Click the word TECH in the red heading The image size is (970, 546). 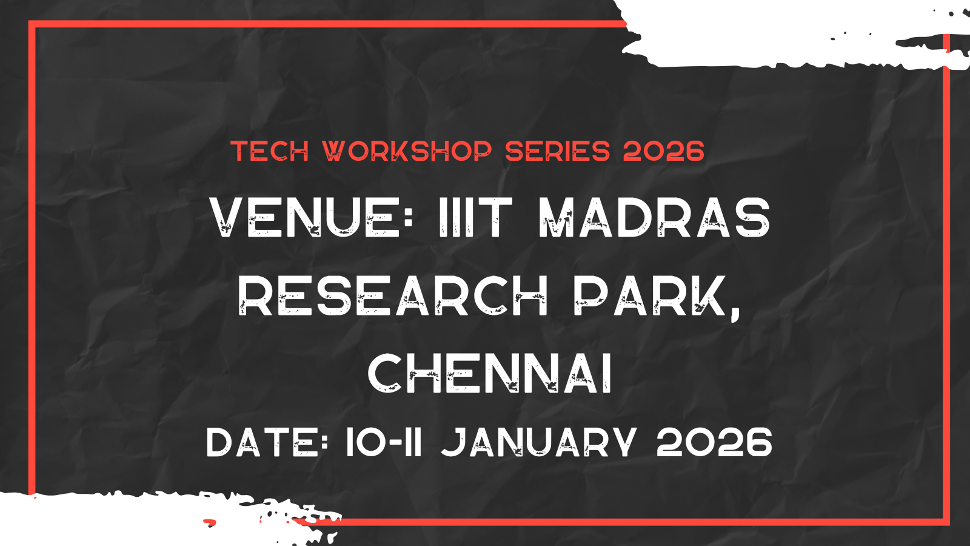coord(270,151)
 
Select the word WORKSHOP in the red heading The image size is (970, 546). coord(407,151)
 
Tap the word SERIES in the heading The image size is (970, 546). coord(557,151)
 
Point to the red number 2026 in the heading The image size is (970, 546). coord(663,151)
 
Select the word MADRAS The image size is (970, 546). coord(655,218)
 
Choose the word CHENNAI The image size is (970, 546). coord(490,374)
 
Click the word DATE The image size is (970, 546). coord(261,442)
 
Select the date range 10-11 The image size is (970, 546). coord(383,442)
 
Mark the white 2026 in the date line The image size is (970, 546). coord(714,442)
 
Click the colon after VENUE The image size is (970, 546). coord(409,218)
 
